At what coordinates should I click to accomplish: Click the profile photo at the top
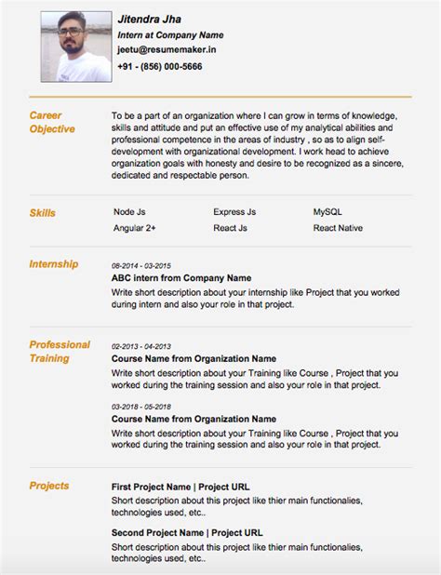click(x=73, y=46)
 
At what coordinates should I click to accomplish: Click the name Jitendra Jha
click(x=149, y=19)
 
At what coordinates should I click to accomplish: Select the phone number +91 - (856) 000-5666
click(x=160, y=67)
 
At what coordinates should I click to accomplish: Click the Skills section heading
click(x=43, y=213)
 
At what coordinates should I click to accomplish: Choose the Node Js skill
click(x=129, y=212)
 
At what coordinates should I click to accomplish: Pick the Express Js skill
click(x=234, y=212)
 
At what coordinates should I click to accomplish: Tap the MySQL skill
click(x=328, y=212)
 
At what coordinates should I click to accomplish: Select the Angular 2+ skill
click(x=135, y=227)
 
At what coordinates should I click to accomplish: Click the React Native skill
click(x=339, y=227)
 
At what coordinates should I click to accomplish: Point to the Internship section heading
click(x=54, y=264)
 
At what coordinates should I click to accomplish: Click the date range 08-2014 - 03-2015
click(x=140, y=265)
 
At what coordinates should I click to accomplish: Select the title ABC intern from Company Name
click(x=181, y=277)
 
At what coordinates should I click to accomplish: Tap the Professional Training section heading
click(x=60, y=351)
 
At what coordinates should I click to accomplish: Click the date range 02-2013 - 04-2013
click(x=140, y=346)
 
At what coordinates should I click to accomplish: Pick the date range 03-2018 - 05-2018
click(x=140, y=407)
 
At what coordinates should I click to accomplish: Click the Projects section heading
click(x=49, y=486)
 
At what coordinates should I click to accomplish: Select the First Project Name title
click(x=180, y=487)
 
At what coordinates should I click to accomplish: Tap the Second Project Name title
click(x=183, y=533)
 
